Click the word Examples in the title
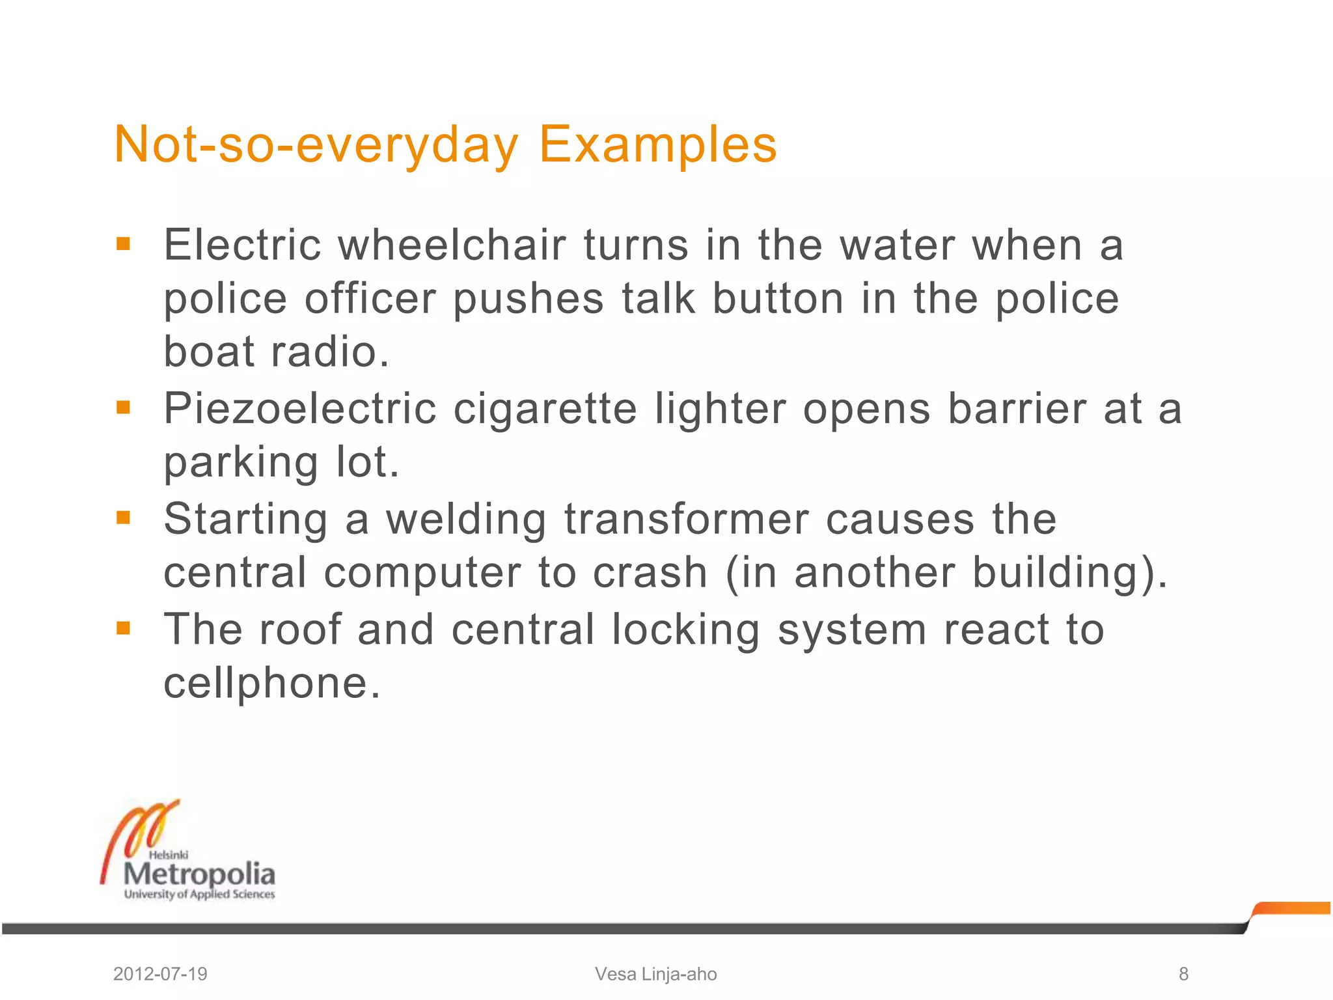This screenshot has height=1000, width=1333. pyautogui.click(x=657, y=145)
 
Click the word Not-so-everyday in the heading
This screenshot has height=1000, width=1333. pyautogui.click(x=316, y=145)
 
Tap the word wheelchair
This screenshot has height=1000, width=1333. pyautogui.click(x=452, y=245)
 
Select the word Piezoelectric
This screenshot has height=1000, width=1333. pyautogui.click(x=300, y=410)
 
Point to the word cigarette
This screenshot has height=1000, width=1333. pyautogui.click(x=545, y=410)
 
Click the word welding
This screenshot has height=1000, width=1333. pyautogui.click(x=466, y=520)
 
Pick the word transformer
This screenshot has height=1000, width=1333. pyautogui.click(x=687, y=520)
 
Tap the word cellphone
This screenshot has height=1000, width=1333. pyautogui.click(x=271, y=683)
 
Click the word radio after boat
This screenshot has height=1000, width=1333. pyautogui.click(x=329, y=352)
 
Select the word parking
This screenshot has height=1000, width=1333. pyautogui.click(x=241, y=463)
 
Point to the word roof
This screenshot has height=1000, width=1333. pyautogui.click(x=300, y=630)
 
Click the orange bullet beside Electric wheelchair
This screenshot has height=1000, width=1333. pyautogui.click(x=123, y=245)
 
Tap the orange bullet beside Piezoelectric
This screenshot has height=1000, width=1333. pyautogui.click(x=123, y=408)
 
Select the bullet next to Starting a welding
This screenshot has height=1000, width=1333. pyautogui.click(x=123, y=518)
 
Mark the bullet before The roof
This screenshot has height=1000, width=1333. pyautogui.click(x=123, y=628)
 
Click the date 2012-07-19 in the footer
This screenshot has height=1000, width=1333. pyautogui.click(x=160, y=974)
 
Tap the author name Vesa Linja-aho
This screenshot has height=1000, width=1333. pyautogui.click(x=655, y=974)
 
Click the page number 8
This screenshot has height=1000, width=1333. pyautogui.click(x=1183, y=974)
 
